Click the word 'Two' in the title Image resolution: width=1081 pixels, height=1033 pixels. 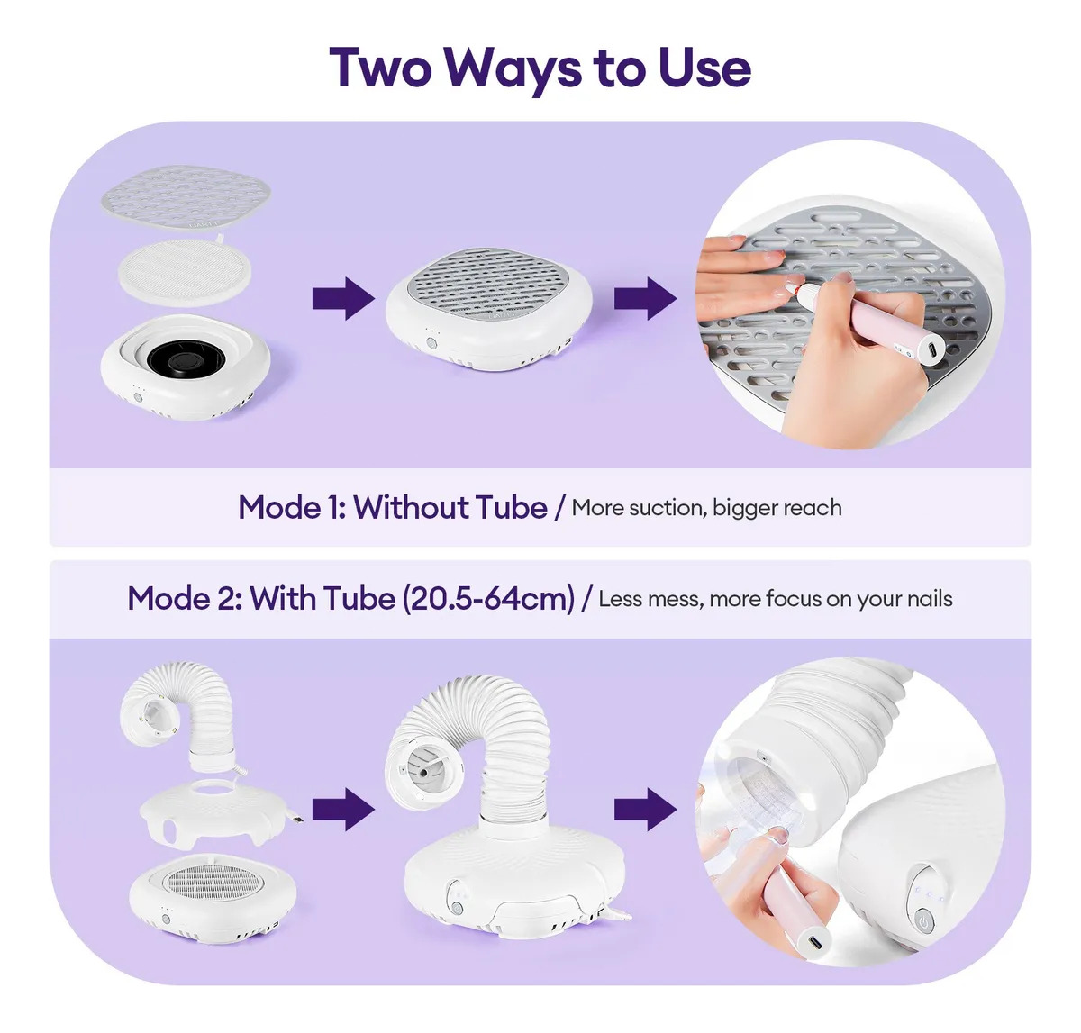[x=380, y=68]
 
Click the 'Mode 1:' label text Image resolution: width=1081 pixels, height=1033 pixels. [x=292, y=507]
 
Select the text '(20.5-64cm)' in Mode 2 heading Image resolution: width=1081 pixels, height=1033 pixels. [x=488, y=599]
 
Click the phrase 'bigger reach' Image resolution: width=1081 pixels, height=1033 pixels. [x=777, y=508]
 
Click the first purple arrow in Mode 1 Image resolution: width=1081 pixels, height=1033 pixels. [x=343, y=299]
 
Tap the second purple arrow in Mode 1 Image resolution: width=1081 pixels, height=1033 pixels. [x=646, y=299]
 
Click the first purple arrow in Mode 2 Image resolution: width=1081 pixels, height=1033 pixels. [x=343, y=809]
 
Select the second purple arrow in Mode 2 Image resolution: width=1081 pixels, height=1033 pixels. [x=646, y=809]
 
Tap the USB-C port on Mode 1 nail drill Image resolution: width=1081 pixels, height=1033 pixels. [x=932, y=349]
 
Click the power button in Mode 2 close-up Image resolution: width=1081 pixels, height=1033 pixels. [x=922, y=923]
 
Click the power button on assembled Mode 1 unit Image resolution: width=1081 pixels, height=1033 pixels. [x=431, y=343]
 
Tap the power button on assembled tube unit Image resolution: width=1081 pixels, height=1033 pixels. [x=458, y=909]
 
